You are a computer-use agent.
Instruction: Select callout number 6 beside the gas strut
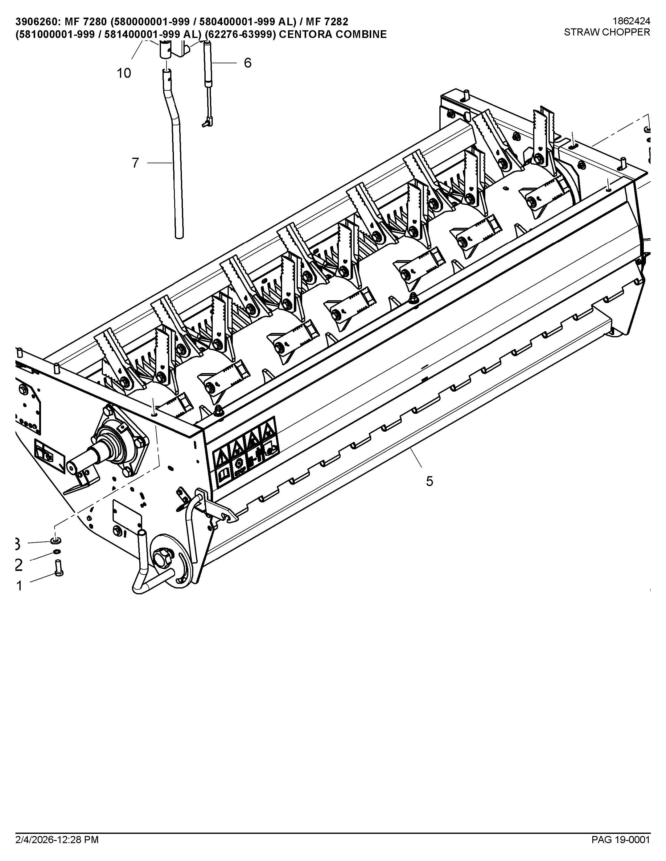247,63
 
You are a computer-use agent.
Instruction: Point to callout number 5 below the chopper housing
429,481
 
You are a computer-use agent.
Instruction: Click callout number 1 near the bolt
19,586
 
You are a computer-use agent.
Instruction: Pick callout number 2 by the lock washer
19,565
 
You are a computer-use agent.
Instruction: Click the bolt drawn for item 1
59,568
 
